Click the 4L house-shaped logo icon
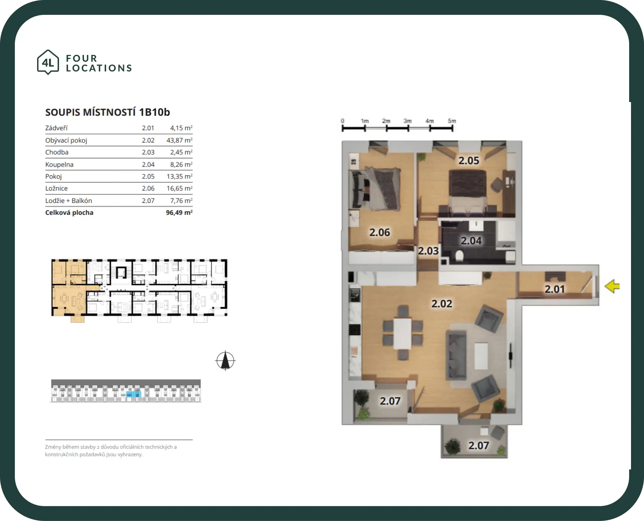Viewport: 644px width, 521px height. tap(48, 62)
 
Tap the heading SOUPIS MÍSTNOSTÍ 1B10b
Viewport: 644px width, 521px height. tap(108, 112)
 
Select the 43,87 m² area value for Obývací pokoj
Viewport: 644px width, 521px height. tap(179, 140)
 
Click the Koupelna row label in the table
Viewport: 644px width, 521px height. tap(59, 164)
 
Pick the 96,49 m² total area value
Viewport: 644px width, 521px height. tap(179, 213)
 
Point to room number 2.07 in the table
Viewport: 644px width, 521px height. tap(148, 201)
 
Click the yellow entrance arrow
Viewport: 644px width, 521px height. tap(612, 286)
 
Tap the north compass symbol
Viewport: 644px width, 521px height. tap(225, 360)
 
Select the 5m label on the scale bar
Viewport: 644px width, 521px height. tap(452, 121)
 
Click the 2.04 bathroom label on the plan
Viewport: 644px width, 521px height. tap(471, 241)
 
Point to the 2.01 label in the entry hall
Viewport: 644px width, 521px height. tap(555, 289)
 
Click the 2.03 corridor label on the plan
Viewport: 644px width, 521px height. tap(428, 251)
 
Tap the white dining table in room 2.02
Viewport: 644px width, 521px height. tap(403, 333)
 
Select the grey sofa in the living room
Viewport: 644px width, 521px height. tap(457, 355)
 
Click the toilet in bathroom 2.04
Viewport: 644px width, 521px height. tap(459, 256)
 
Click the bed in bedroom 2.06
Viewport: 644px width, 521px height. tap(376, 189)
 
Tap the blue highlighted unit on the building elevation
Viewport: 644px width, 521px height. tap(134, 394)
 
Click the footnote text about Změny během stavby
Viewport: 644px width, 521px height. tap(111, 450)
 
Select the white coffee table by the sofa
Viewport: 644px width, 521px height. tap(481, 356)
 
